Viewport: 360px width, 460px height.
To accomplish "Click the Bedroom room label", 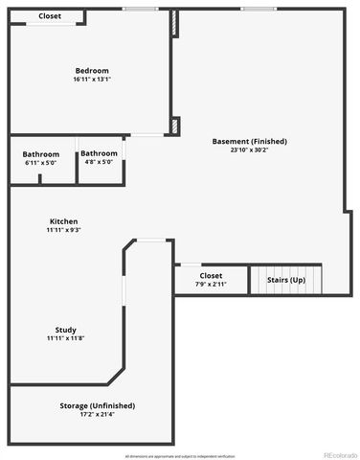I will tap(92, 71).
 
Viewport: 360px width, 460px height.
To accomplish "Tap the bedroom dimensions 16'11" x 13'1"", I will tap(92, 80).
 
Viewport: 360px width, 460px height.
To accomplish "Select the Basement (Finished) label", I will tap(249, 141).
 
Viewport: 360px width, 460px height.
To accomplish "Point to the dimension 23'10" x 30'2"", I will tap(249, 149).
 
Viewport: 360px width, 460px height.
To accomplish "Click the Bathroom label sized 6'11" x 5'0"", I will tap(41, 154).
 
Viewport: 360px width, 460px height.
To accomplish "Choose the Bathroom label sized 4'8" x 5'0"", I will tap(99, 153).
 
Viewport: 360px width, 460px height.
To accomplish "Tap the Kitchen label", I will tap(64, 221).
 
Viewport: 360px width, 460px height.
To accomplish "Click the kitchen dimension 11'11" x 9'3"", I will tap(64, 230).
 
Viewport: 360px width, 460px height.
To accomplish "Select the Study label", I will tap(66, 330).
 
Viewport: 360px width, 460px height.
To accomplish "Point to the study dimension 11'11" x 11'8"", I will tap(66, 338).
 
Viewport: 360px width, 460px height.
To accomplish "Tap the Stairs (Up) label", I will tap(285, 280).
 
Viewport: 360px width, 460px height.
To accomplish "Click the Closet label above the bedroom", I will tap(50, 16).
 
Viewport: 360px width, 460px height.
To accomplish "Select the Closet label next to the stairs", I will tap(211, 276).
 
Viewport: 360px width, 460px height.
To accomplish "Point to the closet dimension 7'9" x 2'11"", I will tap(211, 285).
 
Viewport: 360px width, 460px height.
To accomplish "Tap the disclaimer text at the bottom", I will tap(179, 455).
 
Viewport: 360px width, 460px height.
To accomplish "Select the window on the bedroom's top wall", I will tap(140, 10).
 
